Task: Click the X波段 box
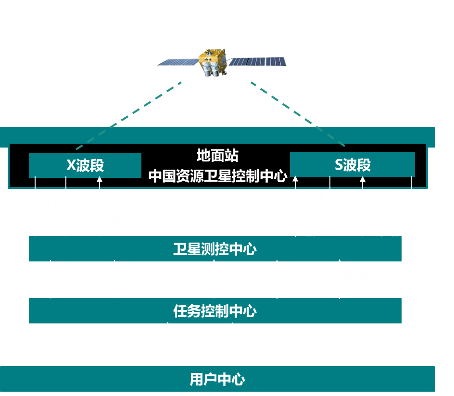tap(85, 165)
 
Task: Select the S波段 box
tap(352, 165)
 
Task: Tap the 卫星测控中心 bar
tap(215, 249)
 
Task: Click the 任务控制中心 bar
tap(215, 310)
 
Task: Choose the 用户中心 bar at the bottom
tap(217, 379)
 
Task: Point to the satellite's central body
tap(212, 62)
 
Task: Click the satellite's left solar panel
tap(178, 62)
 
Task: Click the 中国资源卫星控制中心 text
tap(217, 175)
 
